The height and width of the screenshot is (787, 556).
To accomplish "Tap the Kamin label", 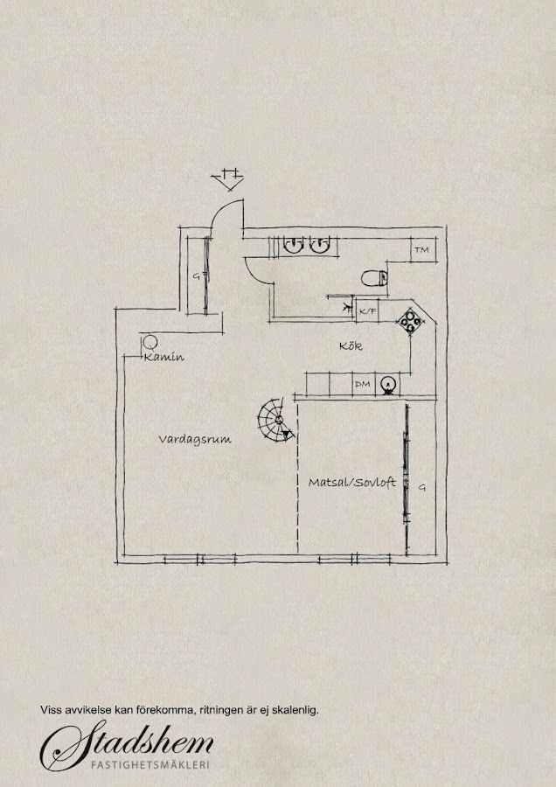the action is click(x=164, y=358).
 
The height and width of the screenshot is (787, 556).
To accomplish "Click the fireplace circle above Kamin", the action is click(x=149, y=343).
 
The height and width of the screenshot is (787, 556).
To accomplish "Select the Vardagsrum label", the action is click(x=194, y=440).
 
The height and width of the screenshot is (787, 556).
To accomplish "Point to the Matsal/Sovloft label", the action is click(x=351, y=482).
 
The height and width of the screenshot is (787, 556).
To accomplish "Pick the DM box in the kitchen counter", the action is click(x=362, y=384).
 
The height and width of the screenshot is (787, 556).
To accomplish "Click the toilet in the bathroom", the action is click(x=375, y=279).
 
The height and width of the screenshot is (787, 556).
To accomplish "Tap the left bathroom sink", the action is click(x=292, y=246).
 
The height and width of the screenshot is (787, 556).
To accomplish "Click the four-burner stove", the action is click(x=410, y=321).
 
